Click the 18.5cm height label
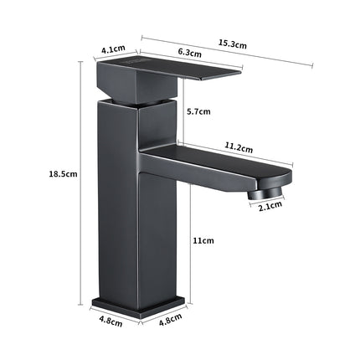[64, 174]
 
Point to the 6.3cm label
[189, 54]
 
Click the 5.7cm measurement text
[198, 111]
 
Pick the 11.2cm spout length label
[239, 148]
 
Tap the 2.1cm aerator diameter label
[270, 205]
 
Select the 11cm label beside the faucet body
[203, 240]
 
